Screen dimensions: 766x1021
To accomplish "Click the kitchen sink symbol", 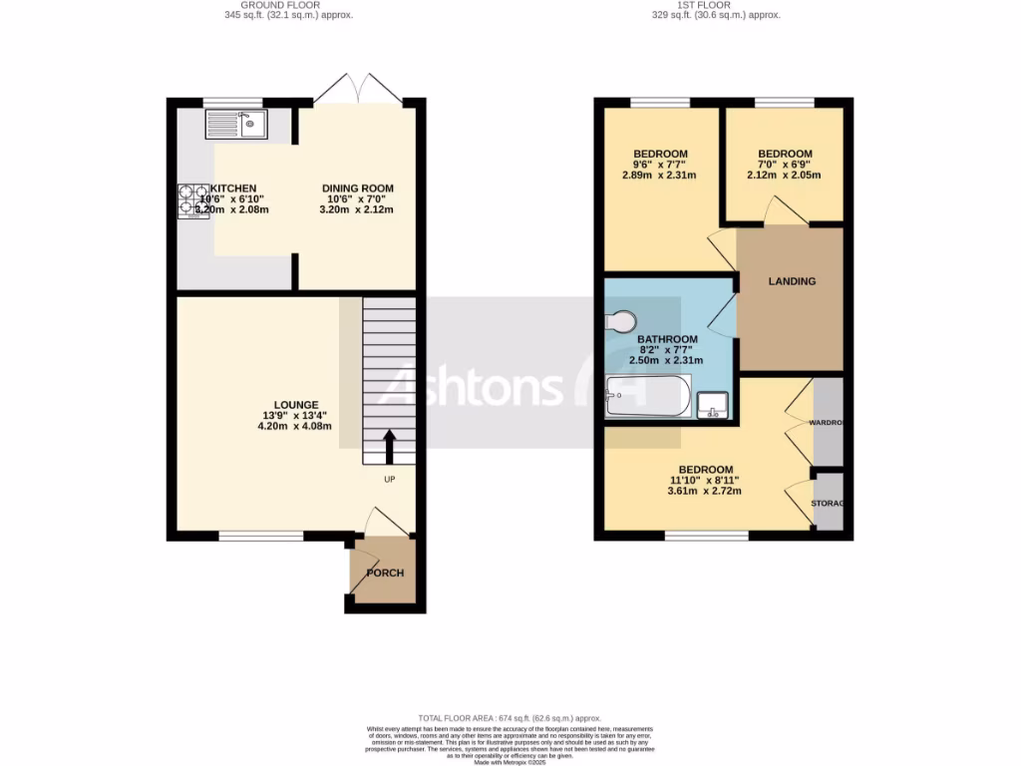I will click(x=235, y=124).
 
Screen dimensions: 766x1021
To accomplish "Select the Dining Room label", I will click(x=357, y=189).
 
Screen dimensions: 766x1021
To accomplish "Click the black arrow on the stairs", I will click(x=389, y=447).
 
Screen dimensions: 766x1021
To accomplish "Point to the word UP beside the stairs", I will click(x=391, y=480).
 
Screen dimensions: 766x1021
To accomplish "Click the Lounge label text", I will click(x=296, y=405).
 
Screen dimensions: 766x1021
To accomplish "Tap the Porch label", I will click(x=384, y=574).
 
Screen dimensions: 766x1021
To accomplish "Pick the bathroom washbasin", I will click(x=714, y=405).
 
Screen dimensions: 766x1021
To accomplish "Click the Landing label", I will click(x=792, y=281).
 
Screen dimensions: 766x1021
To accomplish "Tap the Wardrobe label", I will click(x=827, y=423).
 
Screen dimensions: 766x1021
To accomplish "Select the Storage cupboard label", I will click(x=828, y=503).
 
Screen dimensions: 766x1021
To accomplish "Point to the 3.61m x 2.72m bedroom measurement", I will click(x=706, y=492).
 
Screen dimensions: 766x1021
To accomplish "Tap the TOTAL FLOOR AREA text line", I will click(x=510, y=718).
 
